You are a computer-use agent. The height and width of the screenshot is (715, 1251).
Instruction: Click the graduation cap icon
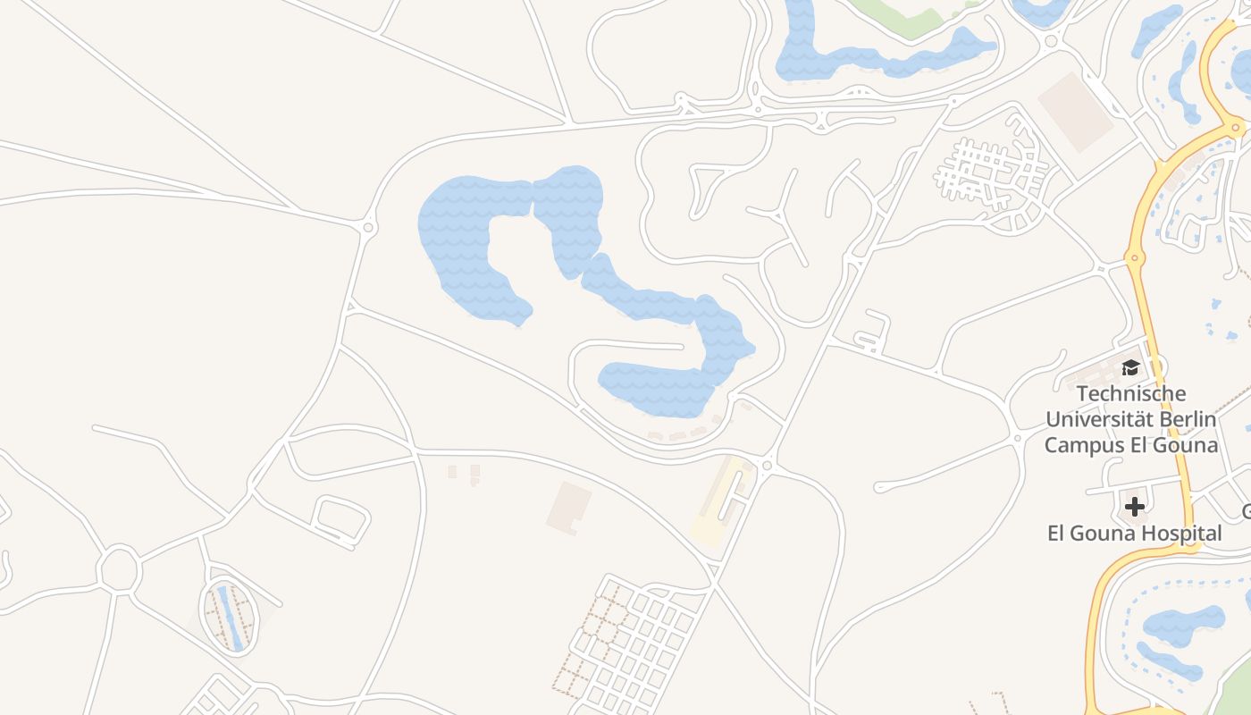click(1130, 368)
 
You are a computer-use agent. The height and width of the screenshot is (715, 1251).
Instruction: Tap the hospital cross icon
click(1134, 507)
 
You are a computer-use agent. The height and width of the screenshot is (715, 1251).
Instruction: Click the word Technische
click(1131, 393)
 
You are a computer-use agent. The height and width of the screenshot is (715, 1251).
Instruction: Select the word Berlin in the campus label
click(1184, 418)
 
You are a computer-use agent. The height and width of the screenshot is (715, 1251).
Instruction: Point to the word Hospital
click(1178, 534)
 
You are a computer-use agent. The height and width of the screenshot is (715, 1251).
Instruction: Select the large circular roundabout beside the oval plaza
click(120, 568)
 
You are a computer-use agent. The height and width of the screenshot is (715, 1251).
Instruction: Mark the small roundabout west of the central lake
click(369, 229)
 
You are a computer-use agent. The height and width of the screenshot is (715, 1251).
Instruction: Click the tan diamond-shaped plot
click(1075, 111)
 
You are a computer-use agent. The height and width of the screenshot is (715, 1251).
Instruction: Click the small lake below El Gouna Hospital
click(1184, 626)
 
